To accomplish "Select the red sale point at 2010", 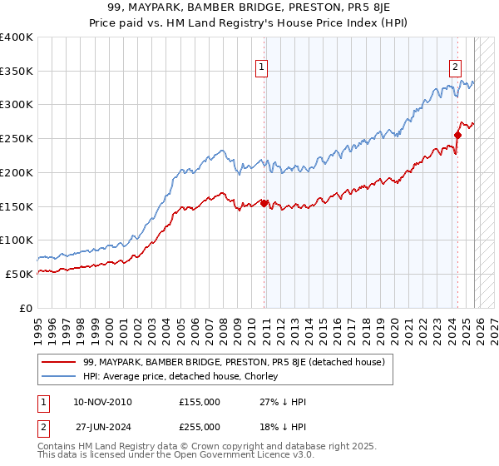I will pos(264,202).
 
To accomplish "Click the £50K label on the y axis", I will pos(19,274).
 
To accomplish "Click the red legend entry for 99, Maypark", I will pos(234,362).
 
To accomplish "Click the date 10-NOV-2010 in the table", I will pos(102,402).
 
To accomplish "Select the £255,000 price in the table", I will pos(200,426).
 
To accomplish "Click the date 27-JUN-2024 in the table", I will pos(101,426).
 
